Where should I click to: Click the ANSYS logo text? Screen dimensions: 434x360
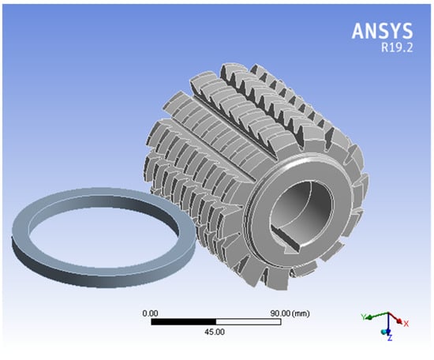click(382, 31)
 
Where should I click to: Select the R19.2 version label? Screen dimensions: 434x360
click(397, 47)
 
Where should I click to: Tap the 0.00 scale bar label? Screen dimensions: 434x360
click(150, 313)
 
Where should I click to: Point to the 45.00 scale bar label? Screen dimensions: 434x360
click(215, 332)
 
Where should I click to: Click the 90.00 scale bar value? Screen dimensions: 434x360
click(280, 313)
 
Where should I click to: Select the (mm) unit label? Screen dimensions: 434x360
click(301, 313)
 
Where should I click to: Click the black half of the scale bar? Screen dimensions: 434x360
click(184, 322)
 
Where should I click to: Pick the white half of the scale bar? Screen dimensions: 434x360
click(249, 322)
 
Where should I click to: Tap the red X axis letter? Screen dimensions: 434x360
click(406, 324)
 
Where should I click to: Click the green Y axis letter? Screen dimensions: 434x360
click(364, 317)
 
